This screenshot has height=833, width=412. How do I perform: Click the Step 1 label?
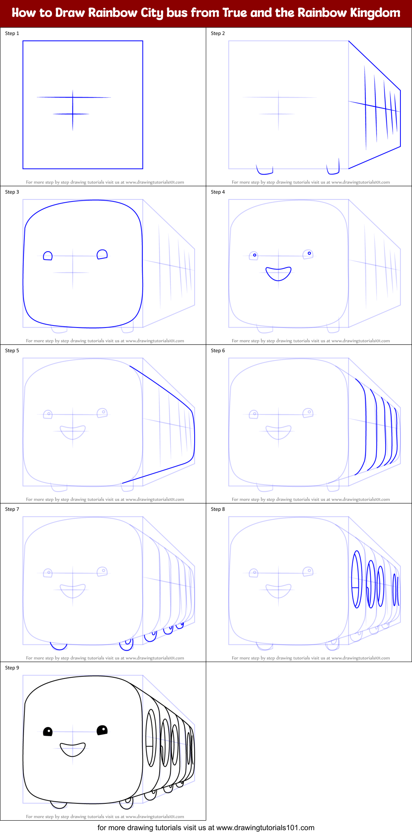[x=12, y=33]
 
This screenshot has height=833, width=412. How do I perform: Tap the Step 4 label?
[x=218, y=192]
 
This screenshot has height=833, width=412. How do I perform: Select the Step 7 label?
[x=12, y=509]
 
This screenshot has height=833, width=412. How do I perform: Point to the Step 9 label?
[x=12, y=668]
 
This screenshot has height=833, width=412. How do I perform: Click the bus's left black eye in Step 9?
[x=48, y=732]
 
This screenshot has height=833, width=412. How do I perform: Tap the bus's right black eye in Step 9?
[x=102, y=730]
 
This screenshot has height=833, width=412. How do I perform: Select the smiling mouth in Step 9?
[x=73, y=749]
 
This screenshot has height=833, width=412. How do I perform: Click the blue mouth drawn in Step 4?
[x=278, y=273]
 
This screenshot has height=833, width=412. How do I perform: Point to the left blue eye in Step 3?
[x=48, y=256]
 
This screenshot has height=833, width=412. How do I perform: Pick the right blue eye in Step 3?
[x=102, y=254]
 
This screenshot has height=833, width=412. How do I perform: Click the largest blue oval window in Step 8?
[x=356, y=579]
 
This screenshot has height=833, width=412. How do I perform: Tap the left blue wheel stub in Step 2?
[x=264, y=169]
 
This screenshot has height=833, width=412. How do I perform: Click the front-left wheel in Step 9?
[x=59, y=804]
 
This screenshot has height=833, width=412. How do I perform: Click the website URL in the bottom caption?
[x=265, y=827]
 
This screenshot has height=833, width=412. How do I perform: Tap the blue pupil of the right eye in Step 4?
[x=309, y=253]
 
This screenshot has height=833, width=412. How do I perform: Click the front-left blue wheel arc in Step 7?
[x=59, y=645]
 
